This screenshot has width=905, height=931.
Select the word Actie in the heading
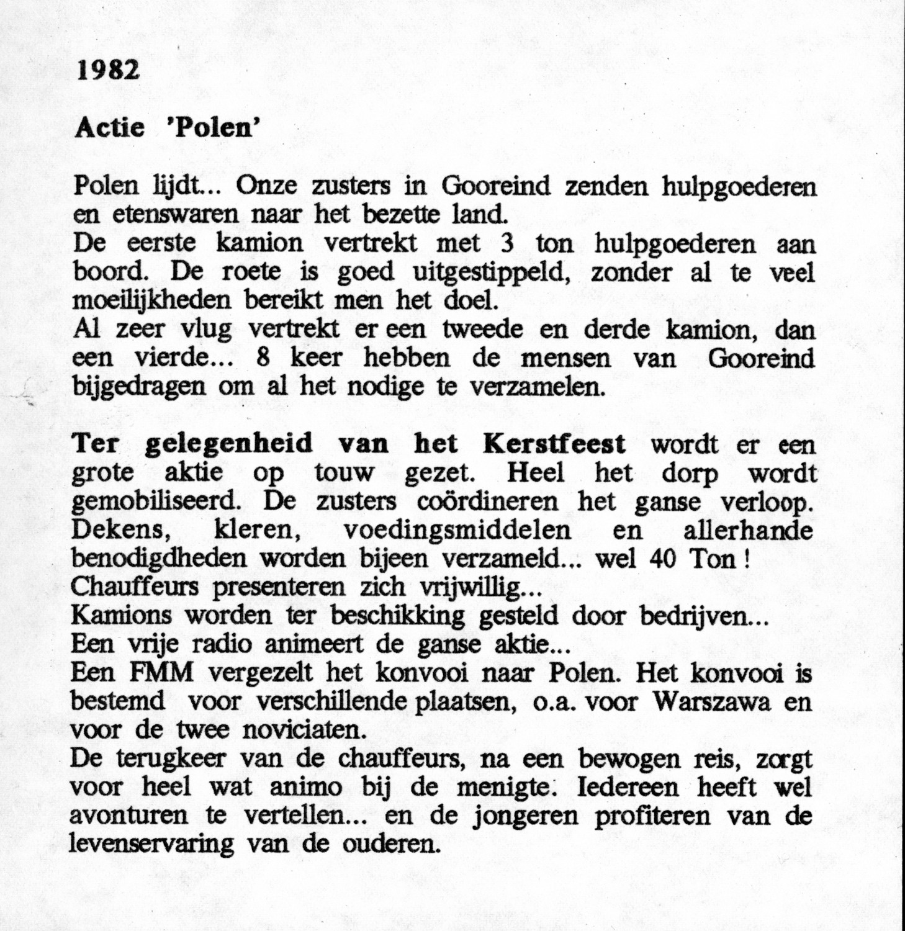110,127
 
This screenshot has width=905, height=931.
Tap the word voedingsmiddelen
457,530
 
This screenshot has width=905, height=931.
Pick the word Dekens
110,530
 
